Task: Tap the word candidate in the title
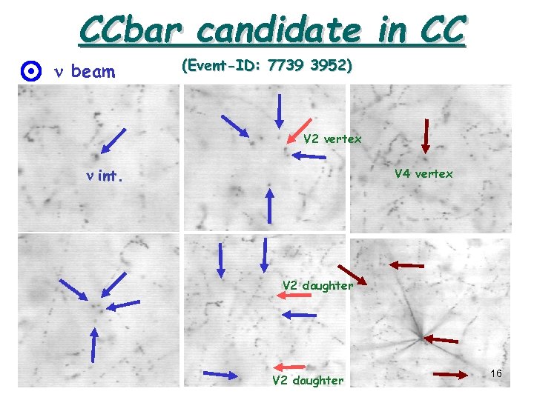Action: pos(278,30)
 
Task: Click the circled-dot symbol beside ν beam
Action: pos(30,72)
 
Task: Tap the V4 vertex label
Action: pos(423,174)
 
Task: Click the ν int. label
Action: pos(104,177)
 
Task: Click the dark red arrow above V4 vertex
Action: pos(426,136)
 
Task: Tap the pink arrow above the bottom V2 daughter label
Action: pos(289,367)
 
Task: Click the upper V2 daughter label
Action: pos(318,285)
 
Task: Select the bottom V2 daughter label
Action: pos(308,381)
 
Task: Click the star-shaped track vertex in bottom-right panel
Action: pos(420,337)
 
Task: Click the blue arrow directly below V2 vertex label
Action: pos(309,156)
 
